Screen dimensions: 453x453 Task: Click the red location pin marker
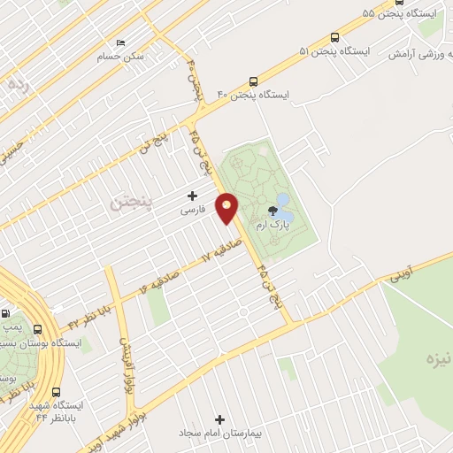tap(227, 208)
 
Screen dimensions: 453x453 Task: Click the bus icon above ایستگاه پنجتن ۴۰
tap(254, 81)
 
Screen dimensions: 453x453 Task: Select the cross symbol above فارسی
tap(192, 195)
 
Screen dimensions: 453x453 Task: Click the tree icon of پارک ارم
tap(273, 211)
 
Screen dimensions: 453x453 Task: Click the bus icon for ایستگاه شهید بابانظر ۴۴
tap(57, 392)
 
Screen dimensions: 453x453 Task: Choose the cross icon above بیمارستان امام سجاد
tap(220, 418)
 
